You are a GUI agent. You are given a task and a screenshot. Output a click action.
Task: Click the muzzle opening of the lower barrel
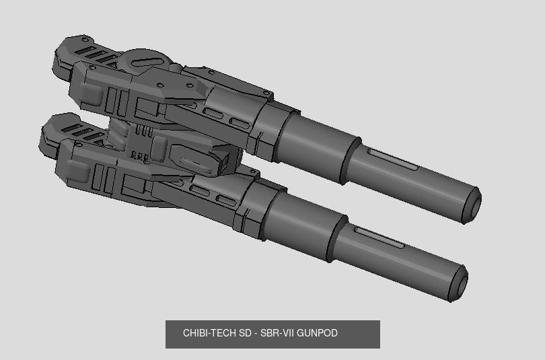point(459,283)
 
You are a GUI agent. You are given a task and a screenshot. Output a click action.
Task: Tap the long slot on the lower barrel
point(381,237)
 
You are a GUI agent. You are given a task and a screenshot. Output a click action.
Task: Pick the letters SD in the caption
point(242,333)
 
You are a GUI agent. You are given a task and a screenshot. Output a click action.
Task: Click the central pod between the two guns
point(195,156)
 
